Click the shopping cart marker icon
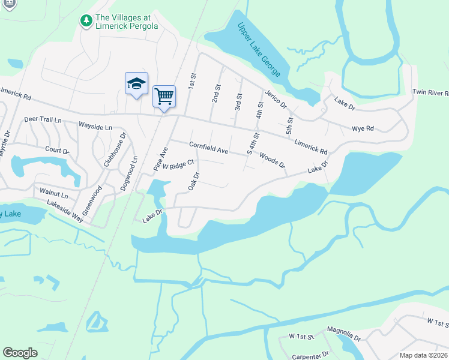point(164,96)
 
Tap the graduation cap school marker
point(136,83)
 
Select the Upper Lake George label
point(259,50)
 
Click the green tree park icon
point(86,20)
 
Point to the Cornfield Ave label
point(208,148)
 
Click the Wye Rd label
point(363,128)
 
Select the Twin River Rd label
point(430,92)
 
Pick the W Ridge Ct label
point(179,164)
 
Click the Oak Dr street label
point(193,181)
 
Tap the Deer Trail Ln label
point(43,119)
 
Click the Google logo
point(20,353)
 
